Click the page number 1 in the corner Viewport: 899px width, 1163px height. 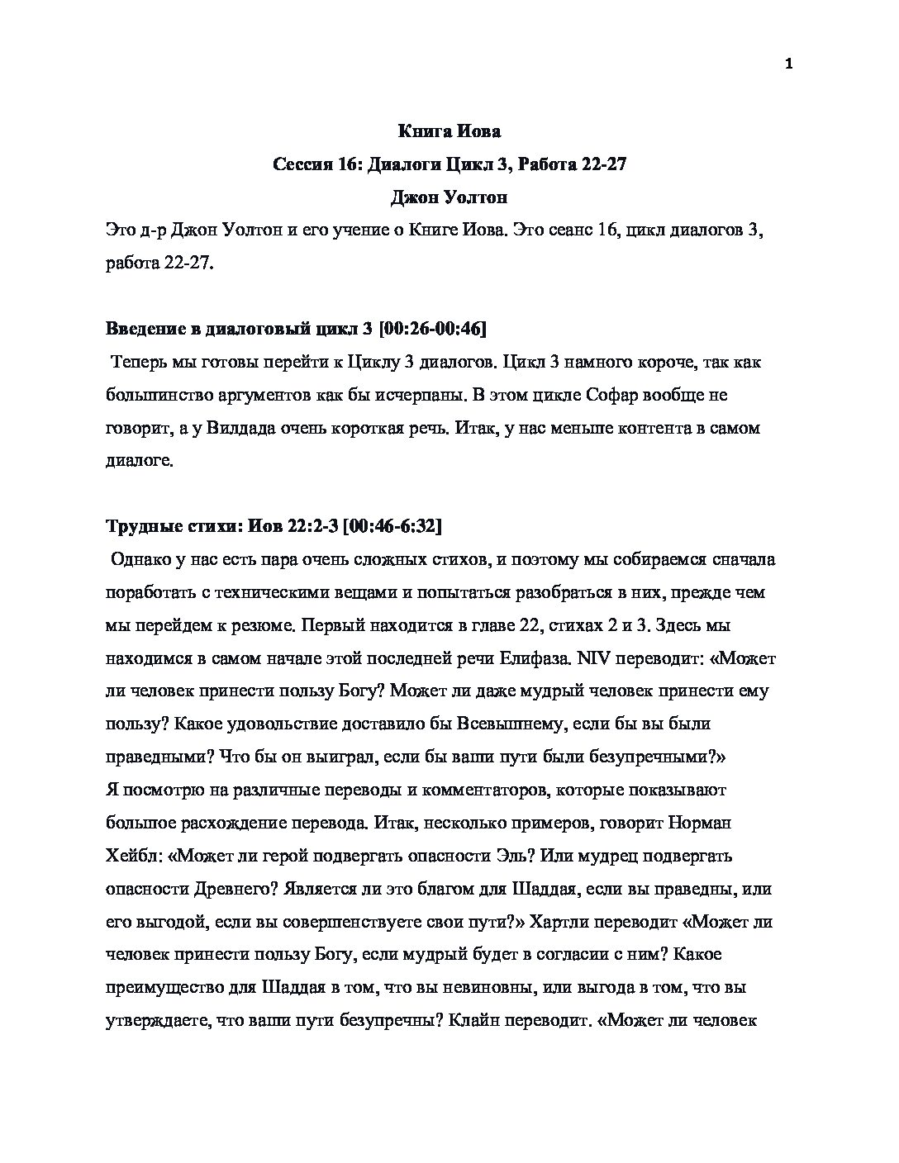click(x=788, y=64)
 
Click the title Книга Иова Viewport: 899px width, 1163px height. click(x=449, y=131)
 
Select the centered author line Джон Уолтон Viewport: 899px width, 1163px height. click(x=449, y=197)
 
